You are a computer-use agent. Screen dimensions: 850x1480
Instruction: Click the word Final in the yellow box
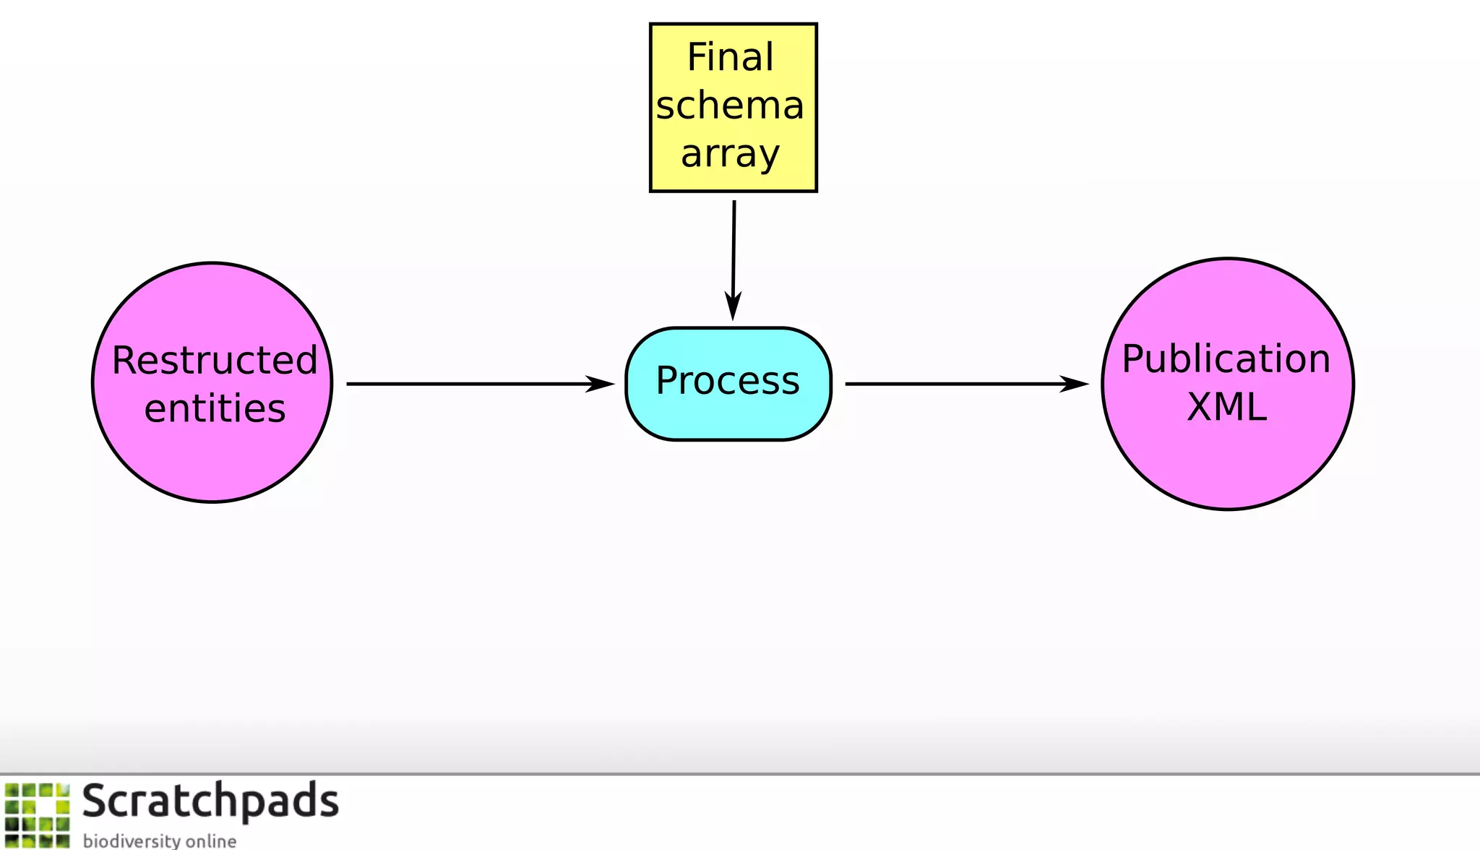coord(730,57)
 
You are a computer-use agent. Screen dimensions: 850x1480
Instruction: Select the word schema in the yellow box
coord(730,106)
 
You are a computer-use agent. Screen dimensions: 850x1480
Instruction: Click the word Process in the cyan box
coord(728,381)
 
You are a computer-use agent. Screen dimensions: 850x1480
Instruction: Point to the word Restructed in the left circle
coord(215,360)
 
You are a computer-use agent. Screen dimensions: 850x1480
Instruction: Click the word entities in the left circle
coord(215,408)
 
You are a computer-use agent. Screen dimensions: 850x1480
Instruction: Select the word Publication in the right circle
coord(1226,359)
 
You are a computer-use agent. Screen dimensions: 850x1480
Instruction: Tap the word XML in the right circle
coord(1226,407)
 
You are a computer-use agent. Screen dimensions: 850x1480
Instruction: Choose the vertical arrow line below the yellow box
coord(733,246)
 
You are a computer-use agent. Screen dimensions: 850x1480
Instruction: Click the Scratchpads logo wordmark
coord(210,801)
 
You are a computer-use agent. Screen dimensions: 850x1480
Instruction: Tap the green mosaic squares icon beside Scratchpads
coord(38,815)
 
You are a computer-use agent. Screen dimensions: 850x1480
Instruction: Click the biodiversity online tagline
coord(159,841)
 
